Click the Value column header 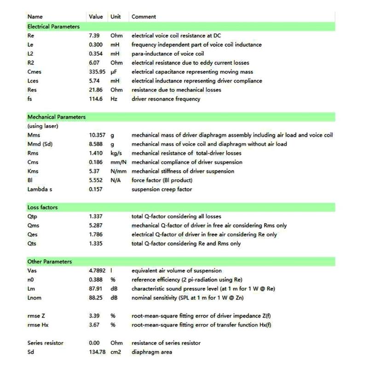(x=96, y=17)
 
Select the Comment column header (x=144, y=17)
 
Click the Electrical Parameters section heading (x=53, y=27)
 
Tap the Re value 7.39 (x=95, y=35)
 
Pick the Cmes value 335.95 (x=97, y=72)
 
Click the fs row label (x=30, y=99)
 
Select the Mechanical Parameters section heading (x=56, y=117)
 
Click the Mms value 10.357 (x=98, y=135)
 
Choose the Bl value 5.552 (x=96, y=180)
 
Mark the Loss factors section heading (x=42, y=207)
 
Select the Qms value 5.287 (x=96, y=225)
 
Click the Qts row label (x=32, y=243)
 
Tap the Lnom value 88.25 (x=96, y=298)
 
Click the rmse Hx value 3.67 (x=95, y=325)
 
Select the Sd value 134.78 (x=97, y=352)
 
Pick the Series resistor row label (x=45, y=343)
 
